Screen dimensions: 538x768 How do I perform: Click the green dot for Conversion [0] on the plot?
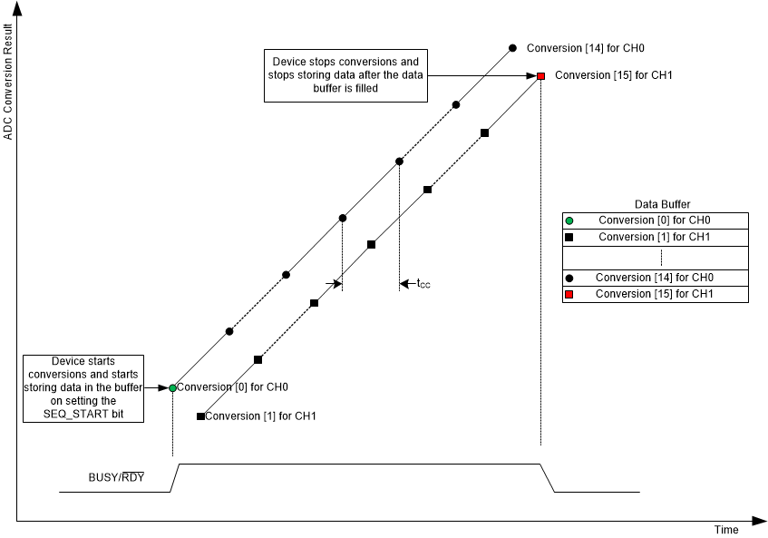[172, 388]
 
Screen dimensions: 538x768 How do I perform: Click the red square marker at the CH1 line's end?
[540, 76]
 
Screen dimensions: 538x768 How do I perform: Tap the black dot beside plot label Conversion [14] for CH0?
[512, 47]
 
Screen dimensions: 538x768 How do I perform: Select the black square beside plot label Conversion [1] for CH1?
[200, 416]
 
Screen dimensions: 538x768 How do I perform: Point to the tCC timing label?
[423, 285]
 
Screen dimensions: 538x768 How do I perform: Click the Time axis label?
[725, 530]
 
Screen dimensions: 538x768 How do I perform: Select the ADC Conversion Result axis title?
[8, 83]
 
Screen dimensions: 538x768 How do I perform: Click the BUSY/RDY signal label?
[117, 477]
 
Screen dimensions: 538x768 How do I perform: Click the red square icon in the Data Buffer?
[569, 294]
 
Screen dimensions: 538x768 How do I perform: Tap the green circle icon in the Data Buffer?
[569, 220]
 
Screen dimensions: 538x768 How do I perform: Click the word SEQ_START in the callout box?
[82, 413]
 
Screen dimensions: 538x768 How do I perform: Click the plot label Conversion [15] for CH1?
[612, 76]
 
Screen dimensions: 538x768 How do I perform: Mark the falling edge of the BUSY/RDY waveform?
[548, 478]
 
